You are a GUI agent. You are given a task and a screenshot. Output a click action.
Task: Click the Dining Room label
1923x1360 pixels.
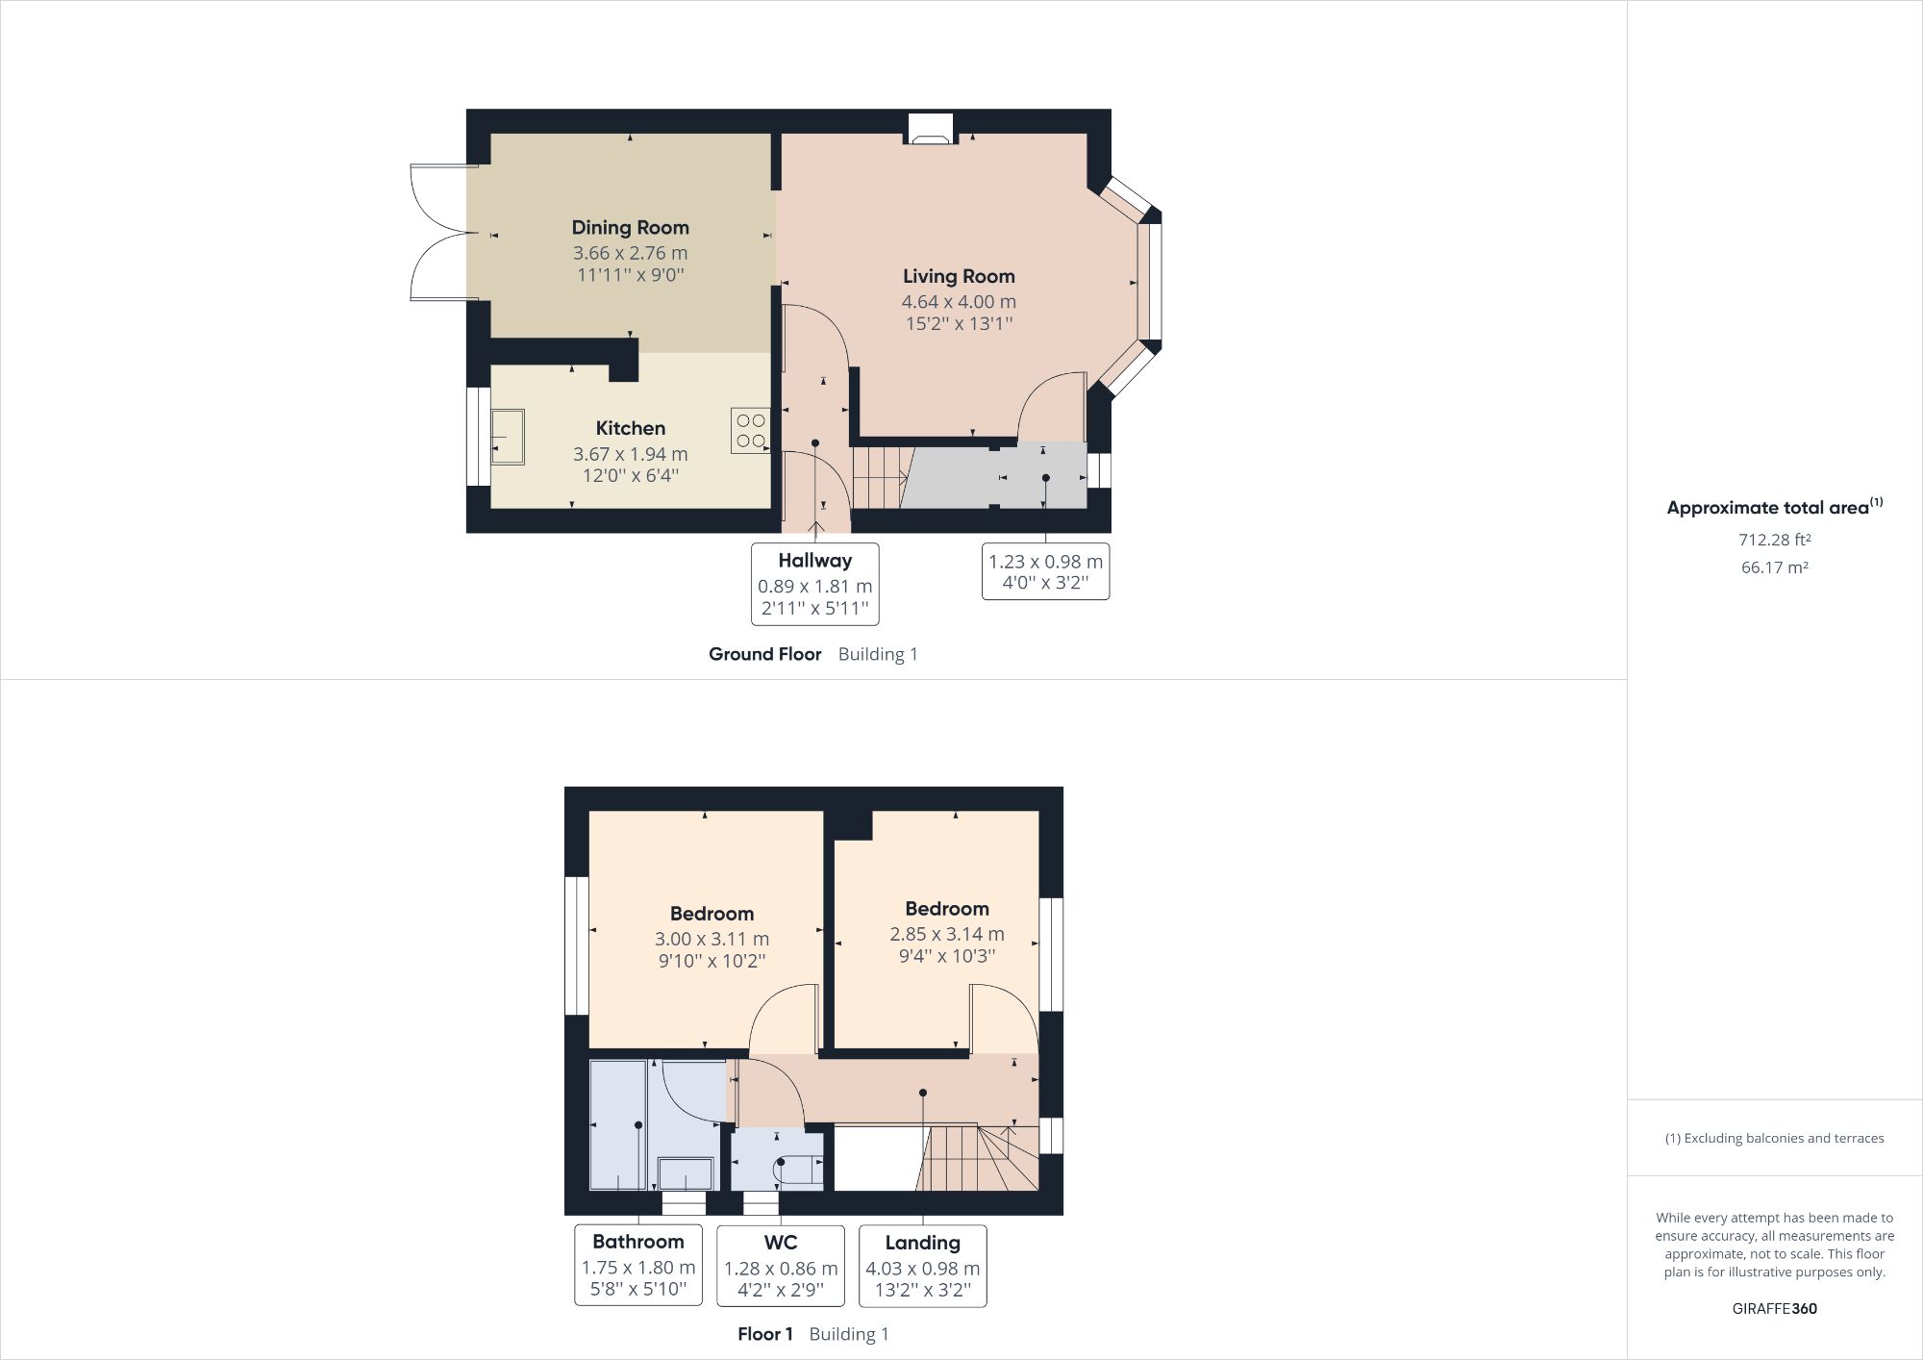click(630, 228)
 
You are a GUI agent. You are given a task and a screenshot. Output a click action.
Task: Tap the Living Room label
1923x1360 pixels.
click(959, 277)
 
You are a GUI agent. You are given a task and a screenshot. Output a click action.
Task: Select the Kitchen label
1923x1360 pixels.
click(630, 429)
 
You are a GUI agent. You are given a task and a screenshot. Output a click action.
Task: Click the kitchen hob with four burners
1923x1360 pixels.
click(751, 431)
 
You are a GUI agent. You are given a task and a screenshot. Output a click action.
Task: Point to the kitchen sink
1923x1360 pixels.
click(508, 437)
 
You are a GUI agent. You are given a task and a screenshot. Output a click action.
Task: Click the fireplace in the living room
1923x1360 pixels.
click(930, 130)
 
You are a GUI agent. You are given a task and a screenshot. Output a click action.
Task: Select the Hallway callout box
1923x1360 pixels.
click(814, 584)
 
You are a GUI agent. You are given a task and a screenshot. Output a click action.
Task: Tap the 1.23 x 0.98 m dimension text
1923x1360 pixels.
click(1045, 562)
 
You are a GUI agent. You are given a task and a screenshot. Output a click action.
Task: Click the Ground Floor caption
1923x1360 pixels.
click(764, 654)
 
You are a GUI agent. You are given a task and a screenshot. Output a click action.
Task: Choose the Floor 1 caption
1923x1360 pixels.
click(764, 1334)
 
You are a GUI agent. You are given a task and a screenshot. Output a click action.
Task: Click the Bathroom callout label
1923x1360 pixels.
click(638, 1242)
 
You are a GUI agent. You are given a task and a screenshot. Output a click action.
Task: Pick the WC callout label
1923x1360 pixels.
click(781, 1243)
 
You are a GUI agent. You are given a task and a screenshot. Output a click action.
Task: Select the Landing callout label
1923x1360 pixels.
click(922, 1243)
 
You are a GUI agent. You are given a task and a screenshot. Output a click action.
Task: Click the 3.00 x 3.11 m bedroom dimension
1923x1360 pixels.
click(712, 939)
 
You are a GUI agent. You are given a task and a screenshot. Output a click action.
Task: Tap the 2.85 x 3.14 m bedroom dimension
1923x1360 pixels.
click(947, 934)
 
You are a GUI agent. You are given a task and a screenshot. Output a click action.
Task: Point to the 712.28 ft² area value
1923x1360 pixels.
click(1774, 540)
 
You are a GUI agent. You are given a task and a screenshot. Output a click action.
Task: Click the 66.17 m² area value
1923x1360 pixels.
click(1774, 567)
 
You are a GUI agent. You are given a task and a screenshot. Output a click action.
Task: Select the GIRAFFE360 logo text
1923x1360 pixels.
click(1774, 1308)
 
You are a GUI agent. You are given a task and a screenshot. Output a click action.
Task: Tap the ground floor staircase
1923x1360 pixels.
click(879, 477)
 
